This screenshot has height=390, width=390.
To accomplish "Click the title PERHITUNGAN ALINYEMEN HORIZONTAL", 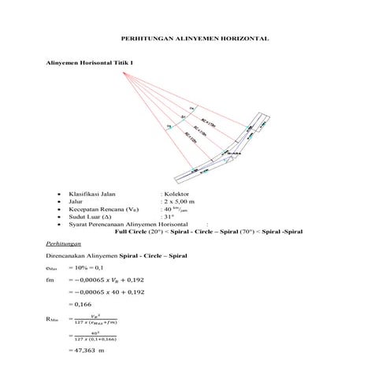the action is coord(195,37).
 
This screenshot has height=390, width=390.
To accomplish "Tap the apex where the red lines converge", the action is coord(123,72).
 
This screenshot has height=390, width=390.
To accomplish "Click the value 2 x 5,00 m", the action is coord(180,202).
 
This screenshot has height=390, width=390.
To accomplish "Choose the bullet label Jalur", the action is coord(76,202).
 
